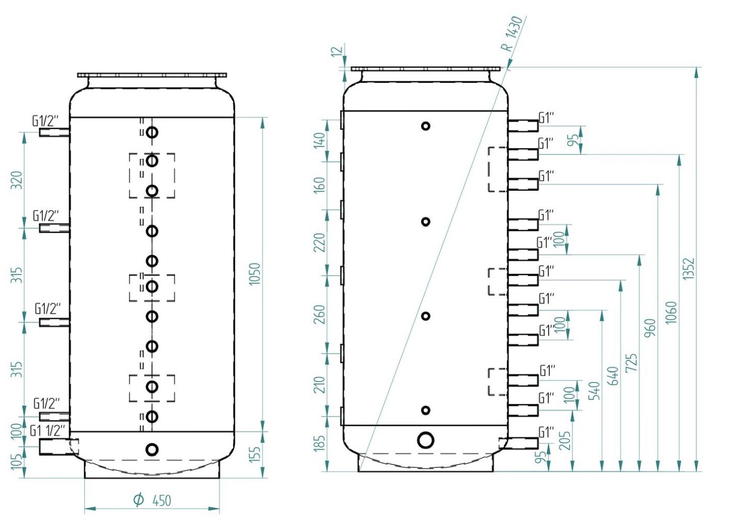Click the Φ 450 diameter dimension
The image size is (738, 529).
click(x=153, y=500)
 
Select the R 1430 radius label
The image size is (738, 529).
click(x=512, y=33)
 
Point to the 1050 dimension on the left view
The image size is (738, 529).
click(x=255, y=275)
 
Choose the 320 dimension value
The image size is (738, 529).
click(x=17, y=181)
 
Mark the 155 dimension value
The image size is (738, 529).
click(x=255, y=455)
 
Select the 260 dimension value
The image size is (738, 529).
click(x=320, y=315)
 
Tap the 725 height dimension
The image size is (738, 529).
click(x=632, y=363)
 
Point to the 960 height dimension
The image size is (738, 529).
click(x=650, y=328)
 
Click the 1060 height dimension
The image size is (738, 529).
click(x=670, y=312)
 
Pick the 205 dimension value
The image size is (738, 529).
click(x=565, y=440)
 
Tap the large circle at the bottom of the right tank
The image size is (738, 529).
click(x=425, y=440)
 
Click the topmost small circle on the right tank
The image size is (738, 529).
click(x=425, y=126)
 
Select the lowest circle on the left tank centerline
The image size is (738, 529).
click(x=152, y=450)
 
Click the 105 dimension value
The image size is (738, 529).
click(x=17, y=462)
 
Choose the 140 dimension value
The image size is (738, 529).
click(x=320, y=140)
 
